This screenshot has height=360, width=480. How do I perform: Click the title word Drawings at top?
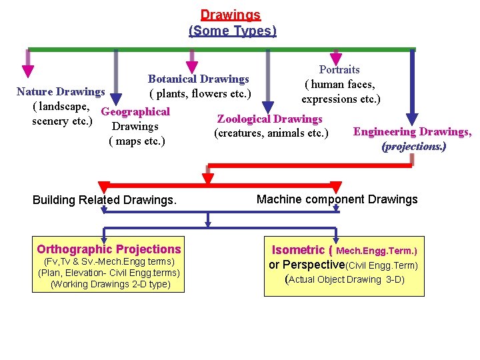click(231, 14)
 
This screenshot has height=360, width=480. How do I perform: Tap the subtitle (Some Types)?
click(232, 31)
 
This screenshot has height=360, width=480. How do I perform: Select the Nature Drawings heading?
click(61, 91)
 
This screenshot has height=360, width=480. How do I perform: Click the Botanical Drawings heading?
click(198, 79)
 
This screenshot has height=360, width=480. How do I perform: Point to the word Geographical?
click(135, 111)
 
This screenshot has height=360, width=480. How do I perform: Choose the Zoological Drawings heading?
click(269, 119)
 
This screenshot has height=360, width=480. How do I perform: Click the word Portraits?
click(339, 69)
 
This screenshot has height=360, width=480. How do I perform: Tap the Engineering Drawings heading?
click(412, 132)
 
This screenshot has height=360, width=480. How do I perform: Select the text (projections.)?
click(413, 146)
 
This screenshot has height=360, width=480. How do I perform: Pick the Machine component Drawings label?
click(337, 199)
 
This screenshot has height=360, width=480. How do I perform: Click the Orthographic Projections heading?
click(109, 249)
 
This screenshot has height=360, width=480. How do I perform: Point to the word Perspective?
click(313, 265)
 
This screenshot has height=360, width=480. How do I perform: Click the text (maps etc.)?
click(136, 141)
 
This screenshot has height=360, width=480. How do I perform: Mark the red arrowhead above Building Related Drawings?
click(103, 187)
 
